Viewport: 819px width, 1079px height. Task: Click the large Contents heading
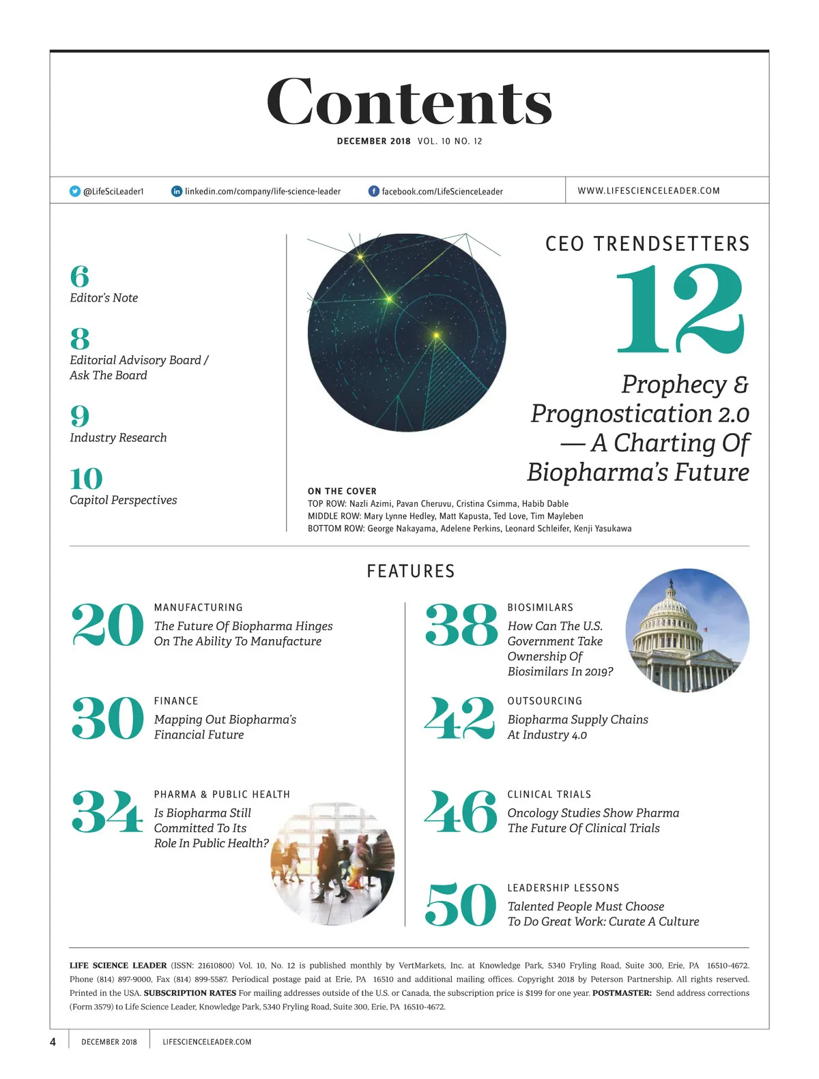tap(409, 102)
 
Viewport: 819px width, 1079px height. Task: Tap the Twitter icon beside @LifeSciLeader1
tap(75, 192)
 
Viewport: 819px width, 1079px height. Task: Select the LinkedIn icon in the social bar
tap(177, 192)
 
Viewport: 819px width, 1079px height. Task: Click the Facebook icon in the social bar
tap(373, 192)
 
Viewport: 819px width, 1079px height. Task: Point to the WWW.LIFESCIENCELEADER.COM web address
tap(648, 191)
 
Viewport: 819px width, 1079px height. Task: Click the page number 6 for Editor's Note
tap(79, 277)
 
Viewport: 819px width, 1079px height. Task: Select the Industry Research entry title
tap(118, 438)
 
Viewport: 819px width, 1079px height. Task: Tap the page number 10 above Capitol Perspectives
tap(86, 479)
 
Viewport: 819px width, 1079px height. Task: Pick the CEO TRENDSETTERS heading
tap(647, 244)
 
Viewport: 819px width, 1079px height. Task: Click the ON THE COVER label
tap(342, 491)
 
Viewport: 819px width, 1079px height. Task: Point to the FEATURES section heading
tap(410, 572)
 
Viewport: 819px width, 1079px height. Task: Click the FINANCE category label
tap(176, 701)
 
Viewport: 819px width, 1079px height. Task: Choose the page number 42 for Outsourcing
tap(459, 718)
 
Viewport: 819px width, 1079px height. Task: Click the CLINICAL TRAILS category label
tap(549, 795)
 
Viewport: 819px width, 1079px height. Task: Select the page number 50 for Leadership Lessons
tap(461, 904)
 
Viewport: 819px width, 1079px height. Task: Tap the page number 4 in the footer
tap(53, 1041)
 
